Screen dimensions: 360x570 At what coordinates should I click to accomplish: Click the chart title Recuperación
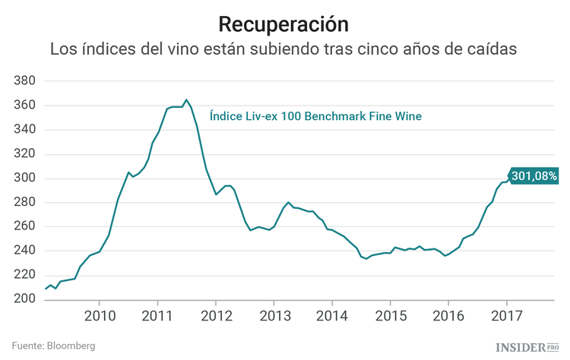(x=284, y=24)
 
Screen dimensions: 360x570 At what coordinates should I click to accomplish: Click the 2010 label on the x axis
(x=100, y=316)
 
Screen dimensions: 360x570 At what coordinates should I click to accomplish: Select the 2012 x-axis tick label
(x=216, y=316)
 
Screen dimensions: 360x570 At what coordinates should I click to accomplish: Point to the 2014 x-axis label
(x=332, y=316)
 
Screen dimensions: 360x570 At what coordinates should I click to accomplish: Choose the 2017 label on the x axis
(x=506, y=316)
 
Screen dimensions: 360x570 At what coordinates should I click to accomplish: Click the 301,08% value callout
(x=534, y=176)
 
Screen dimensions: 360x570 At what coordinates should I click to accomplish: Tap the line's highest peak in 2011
(x=186, y=99)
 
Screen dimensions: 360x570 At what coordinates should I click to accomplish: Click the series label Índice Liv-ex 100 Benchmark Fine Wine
(x=315, y=116)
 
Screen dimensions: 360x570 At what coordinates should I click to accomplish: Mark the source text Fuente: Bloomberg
(x=53, y=346)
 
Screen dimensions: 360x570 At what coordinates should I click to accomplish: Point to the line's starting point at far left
(x=46, y=289)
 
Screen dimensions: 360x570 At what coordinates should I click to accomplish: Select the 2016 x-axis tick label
(x=448, y=316)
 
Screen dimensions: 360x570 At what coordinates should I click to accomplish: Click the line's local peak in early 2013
(x=289, y=202)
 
